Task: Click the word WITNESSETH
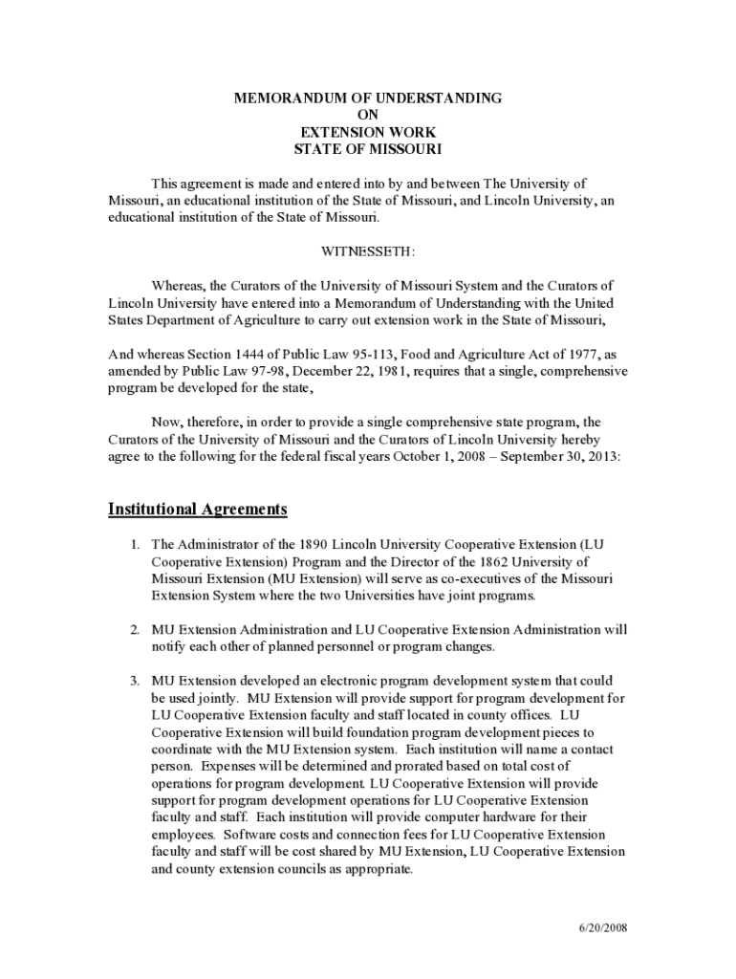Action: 368,250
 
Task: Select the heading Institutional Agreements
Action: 198,509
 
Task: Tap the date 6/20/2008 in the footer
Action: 602,928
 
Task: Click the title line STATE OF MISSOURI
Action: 368,149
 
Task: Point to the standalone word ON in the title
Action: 368,115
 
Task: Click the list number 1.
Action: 136,544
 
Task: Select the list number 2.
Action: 136,630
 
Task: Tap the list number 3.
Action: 136,682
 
